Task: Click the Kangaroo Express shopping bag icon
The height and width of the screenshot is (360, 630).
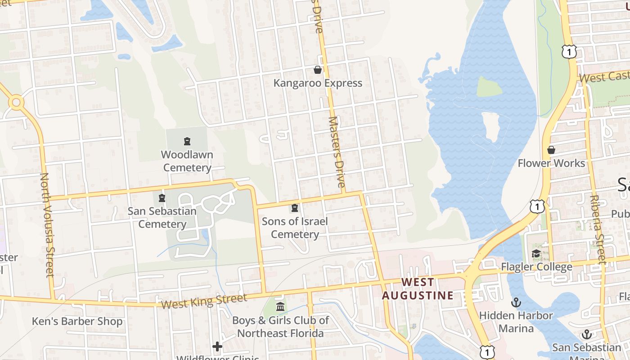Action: click(318, 70)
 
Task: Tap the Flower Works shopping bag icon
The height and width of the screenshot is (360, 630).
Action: click(551, 150)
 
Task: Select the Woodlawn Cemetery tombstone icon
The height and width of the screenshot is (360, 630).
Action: click(187, 142)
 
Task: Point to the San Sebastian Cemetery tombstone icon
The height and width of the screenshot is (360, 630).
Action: click(162, 198)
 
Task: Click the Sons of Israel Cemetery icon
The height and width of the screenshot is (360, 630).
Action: click(295, 208)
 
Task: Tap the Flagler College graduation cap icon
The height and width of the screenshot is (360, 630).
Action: click(536, 254)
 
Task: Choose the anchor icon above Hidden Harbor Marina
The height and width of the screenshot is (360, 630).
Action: click(516, 302)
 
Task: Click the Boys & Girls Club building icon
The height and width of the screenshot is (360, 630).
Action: click(280, 307)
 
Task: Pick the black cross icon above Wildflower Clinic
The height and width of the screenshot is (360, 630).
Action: click(217, 346)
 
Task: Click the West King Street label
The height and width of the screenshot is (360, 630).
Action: click(204, 301)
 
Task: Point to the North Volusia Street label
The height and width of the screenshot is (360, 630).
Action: click(47, 225)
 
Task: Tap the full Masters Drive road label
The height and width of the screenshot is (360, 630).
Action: click(337, 152)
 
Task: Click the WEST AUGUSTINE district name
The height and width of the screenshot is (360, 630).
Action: click(418, 289)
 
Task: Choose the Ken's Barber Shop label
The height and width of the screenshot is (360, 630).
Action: click(77, 321)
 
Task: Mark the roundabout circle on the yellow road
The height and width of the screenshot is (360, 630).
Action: click(16, 103)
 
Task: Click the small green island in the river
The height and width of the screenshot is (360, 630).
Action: click(489, 87)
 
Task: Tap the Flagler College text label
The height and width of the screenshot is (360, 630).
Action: click(537, 267)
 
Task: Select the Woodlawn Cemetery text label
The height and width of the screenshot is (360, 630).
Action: click(187, 161)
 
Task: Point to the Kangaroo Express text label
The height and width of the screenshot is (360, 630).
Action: click(318, 83)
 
